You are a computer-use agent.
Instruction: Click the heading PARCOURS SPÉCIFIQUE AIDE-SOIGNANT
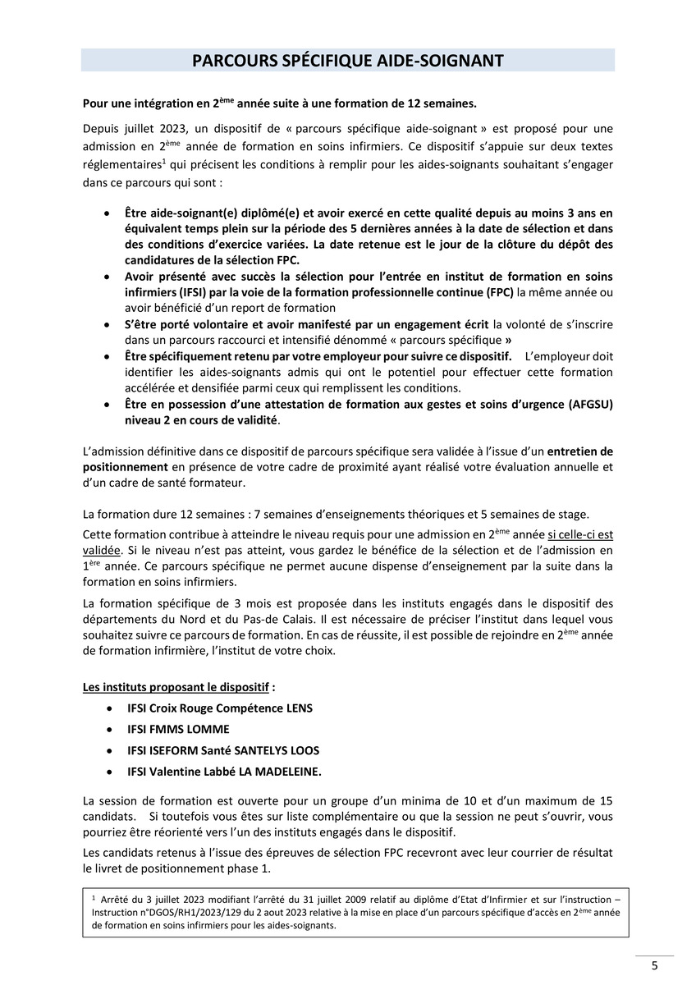pos(347,61)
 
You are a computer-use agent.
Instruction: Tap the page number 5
pos(654,965)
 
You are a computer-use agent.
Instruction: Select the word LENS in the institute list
pos(297,708)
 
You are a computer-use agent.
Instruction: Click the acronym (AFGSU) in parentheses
pos(588,404)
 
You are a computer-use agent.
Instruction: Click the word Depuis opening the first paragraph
pos(102,128)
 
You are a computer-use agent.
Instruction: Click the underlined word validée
pos(101,550)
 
